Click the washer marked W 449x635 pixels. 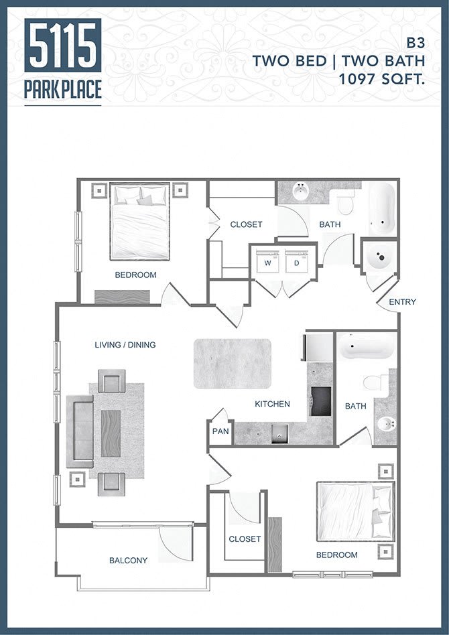tap(267, 263)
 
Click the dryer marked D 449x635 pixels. tap(296, 263)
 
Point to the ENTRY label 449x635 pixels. tap(402, 302)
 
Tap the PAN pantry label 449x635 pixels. tap(220, 431)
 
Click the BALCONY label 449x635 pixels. tap(128, 560)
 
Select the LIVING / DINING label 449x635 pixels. tap(125, 345)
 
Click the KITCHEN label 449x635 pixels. tap(272, 404)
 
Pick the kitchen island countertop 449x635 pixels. tap(233, 364)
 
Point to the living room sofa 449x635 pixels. tap(79, 431)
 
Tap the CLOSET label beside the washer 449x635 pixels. tap(246, 224)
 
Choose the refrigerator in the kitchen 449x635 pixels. tap(319, 346)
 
